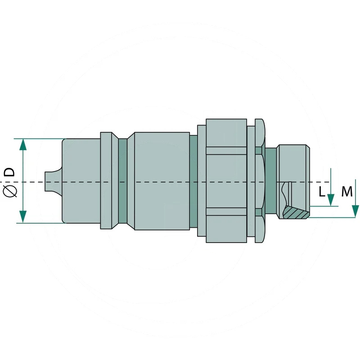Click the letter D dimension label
click(x=9, y=172)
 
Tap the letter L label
click(x=322, y=192)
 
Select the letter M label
click(x=346, y=192)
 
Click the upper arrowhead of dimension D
click(x=23, y=144)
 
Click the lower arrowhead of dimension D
click(x=23, y=217)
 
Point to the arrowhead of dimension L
click(x=331, y=200)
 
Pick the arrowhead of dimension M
click(x=355, y=211)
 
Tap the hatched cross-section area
click(x=296, y=212)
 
